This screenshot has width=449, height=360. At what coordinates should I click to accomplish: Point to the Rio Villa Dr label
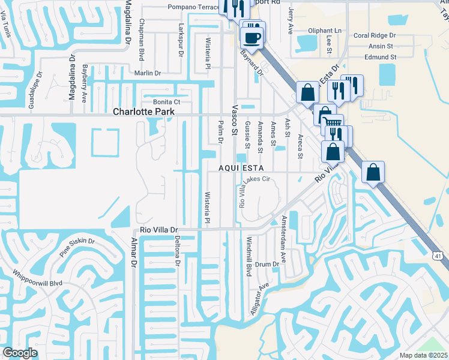click(159, 230)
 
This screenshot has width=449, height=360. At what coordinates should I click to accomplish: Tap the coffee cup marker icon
click(252, 38)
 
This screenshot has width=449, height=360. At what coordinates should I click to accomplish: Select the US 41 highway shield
click(439, 256)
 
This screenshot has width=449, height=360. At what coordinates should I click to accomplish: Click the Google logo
click(20, 353)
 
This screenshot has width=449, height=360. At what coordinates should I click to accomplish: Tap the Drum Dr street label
click(267, 264)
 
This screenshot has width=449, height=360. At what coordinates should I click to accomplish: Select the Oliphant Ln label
click(325, 31)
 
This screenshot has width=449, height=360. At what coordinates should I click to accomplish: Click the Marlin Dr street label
click(148, 73)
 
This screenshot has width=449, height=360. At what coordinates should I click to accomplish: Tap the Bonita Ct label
click(166, 102)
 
